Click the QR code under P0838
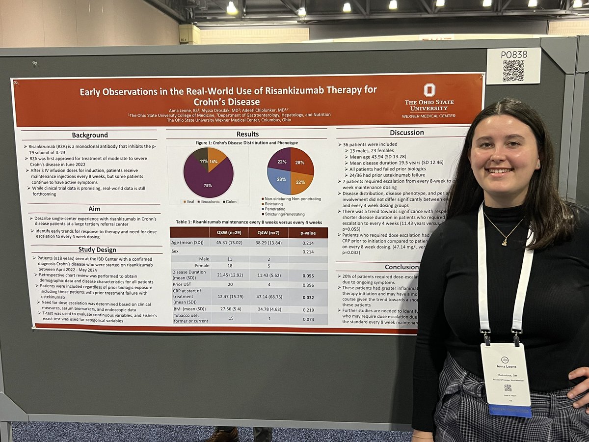[x=513, y=71]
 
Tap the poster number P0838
[x=513, y=55]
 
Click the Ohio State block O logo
[x=429, y=90]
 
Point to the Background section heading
[x=90, y=135]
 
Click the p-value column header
[x=307, y=233]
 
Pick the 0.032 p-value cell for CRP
[x=307, y=297]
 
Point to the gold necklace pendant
[x=503, y=242]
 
